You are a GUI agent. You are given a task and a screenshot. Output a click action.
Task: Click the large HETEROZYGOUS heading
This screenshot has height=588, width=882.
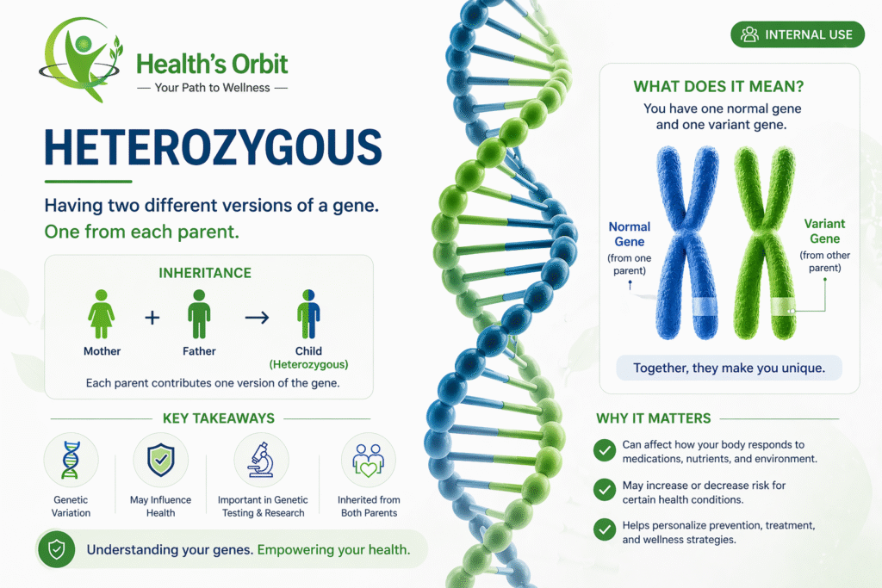(213, 147)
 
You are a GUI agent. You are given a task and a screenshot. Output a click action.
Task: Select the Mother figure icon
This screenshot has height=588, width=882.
(102, 314)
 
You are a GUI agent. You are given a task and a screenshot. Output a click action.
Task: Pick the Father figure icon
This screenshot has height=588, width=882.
(199, 314)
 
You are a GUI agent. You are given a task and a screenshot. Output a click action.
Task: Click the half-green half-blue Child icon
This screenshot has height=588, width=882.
(308, 314)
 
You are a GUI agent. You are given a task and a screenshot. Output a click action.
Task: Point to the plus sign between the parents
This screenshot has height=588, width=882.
(152, 317)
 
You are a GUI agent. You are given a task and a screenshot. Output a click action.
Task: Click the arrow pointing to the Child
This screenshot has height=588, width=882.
(257, 317)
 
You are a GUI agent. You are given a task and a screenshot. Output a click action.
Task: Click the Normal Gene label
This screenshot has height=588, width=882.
(630, 234)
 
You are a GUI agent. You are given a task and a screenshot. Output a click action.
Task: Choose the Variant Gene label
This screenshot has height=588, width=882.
(824, 230)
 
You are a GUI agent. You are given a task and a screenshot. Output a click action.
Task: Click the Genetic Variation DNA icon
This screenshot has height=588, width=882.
(71, 461)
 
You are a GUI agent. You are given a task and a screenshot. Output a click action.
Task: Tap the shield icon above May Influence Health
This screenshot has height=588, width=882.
(161, 461)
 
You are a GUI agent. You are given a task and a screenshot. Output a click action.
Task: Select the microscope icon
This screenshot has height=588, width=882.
(261, 461)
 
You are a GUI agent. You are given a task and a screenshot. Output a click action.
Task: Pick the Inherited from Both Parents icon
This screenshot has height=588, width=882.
(369, 461)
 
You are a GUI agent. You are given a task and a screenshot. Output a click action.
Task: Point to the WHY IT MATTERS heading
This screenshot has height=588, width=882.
(653, 418)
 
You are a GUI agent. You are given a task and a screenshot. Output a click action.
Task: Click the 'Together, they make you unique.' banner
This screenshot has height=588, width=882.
(729, 368)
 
